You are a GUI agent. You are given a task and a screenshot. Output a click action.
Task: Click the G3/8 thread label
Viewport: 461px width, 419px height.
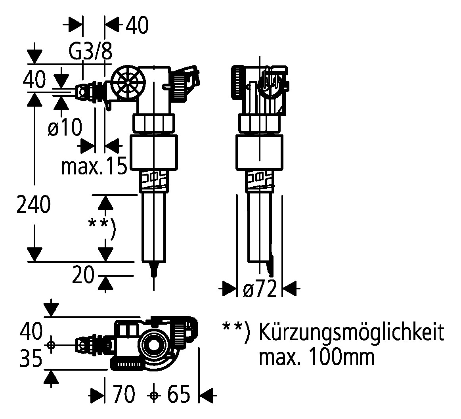[x=91, y=52]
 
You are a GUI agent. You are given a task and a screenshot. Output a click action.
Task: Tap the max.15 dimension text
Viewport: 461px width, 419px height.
[x=94, y=166]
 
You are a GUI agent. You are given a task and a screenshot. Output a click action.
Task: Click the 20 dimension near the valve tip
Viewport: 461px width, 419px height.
[x=83, y=275]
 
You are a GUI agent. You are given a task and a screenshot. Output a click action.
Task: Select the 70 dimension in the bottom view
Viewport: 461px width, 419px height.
[x=124, y=394]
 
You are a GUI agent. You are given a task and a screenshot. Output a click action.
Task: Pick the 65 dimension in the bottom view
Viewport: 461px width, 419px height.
[x=178, y=394]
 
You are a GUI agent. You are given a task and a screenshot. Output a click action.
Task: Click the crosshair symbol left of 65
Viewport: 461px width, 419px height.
[x=153, y=395]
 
